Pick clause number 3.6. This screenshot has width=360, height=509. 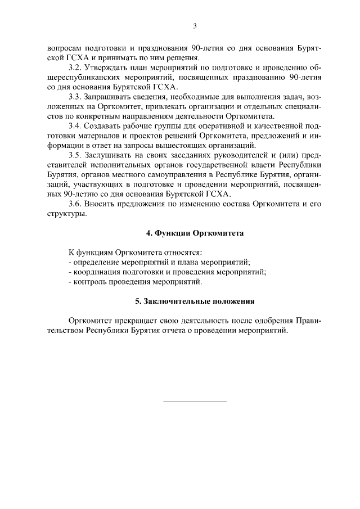(75, 205)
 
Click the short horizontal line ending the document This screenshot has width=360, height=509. (195, 402)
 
